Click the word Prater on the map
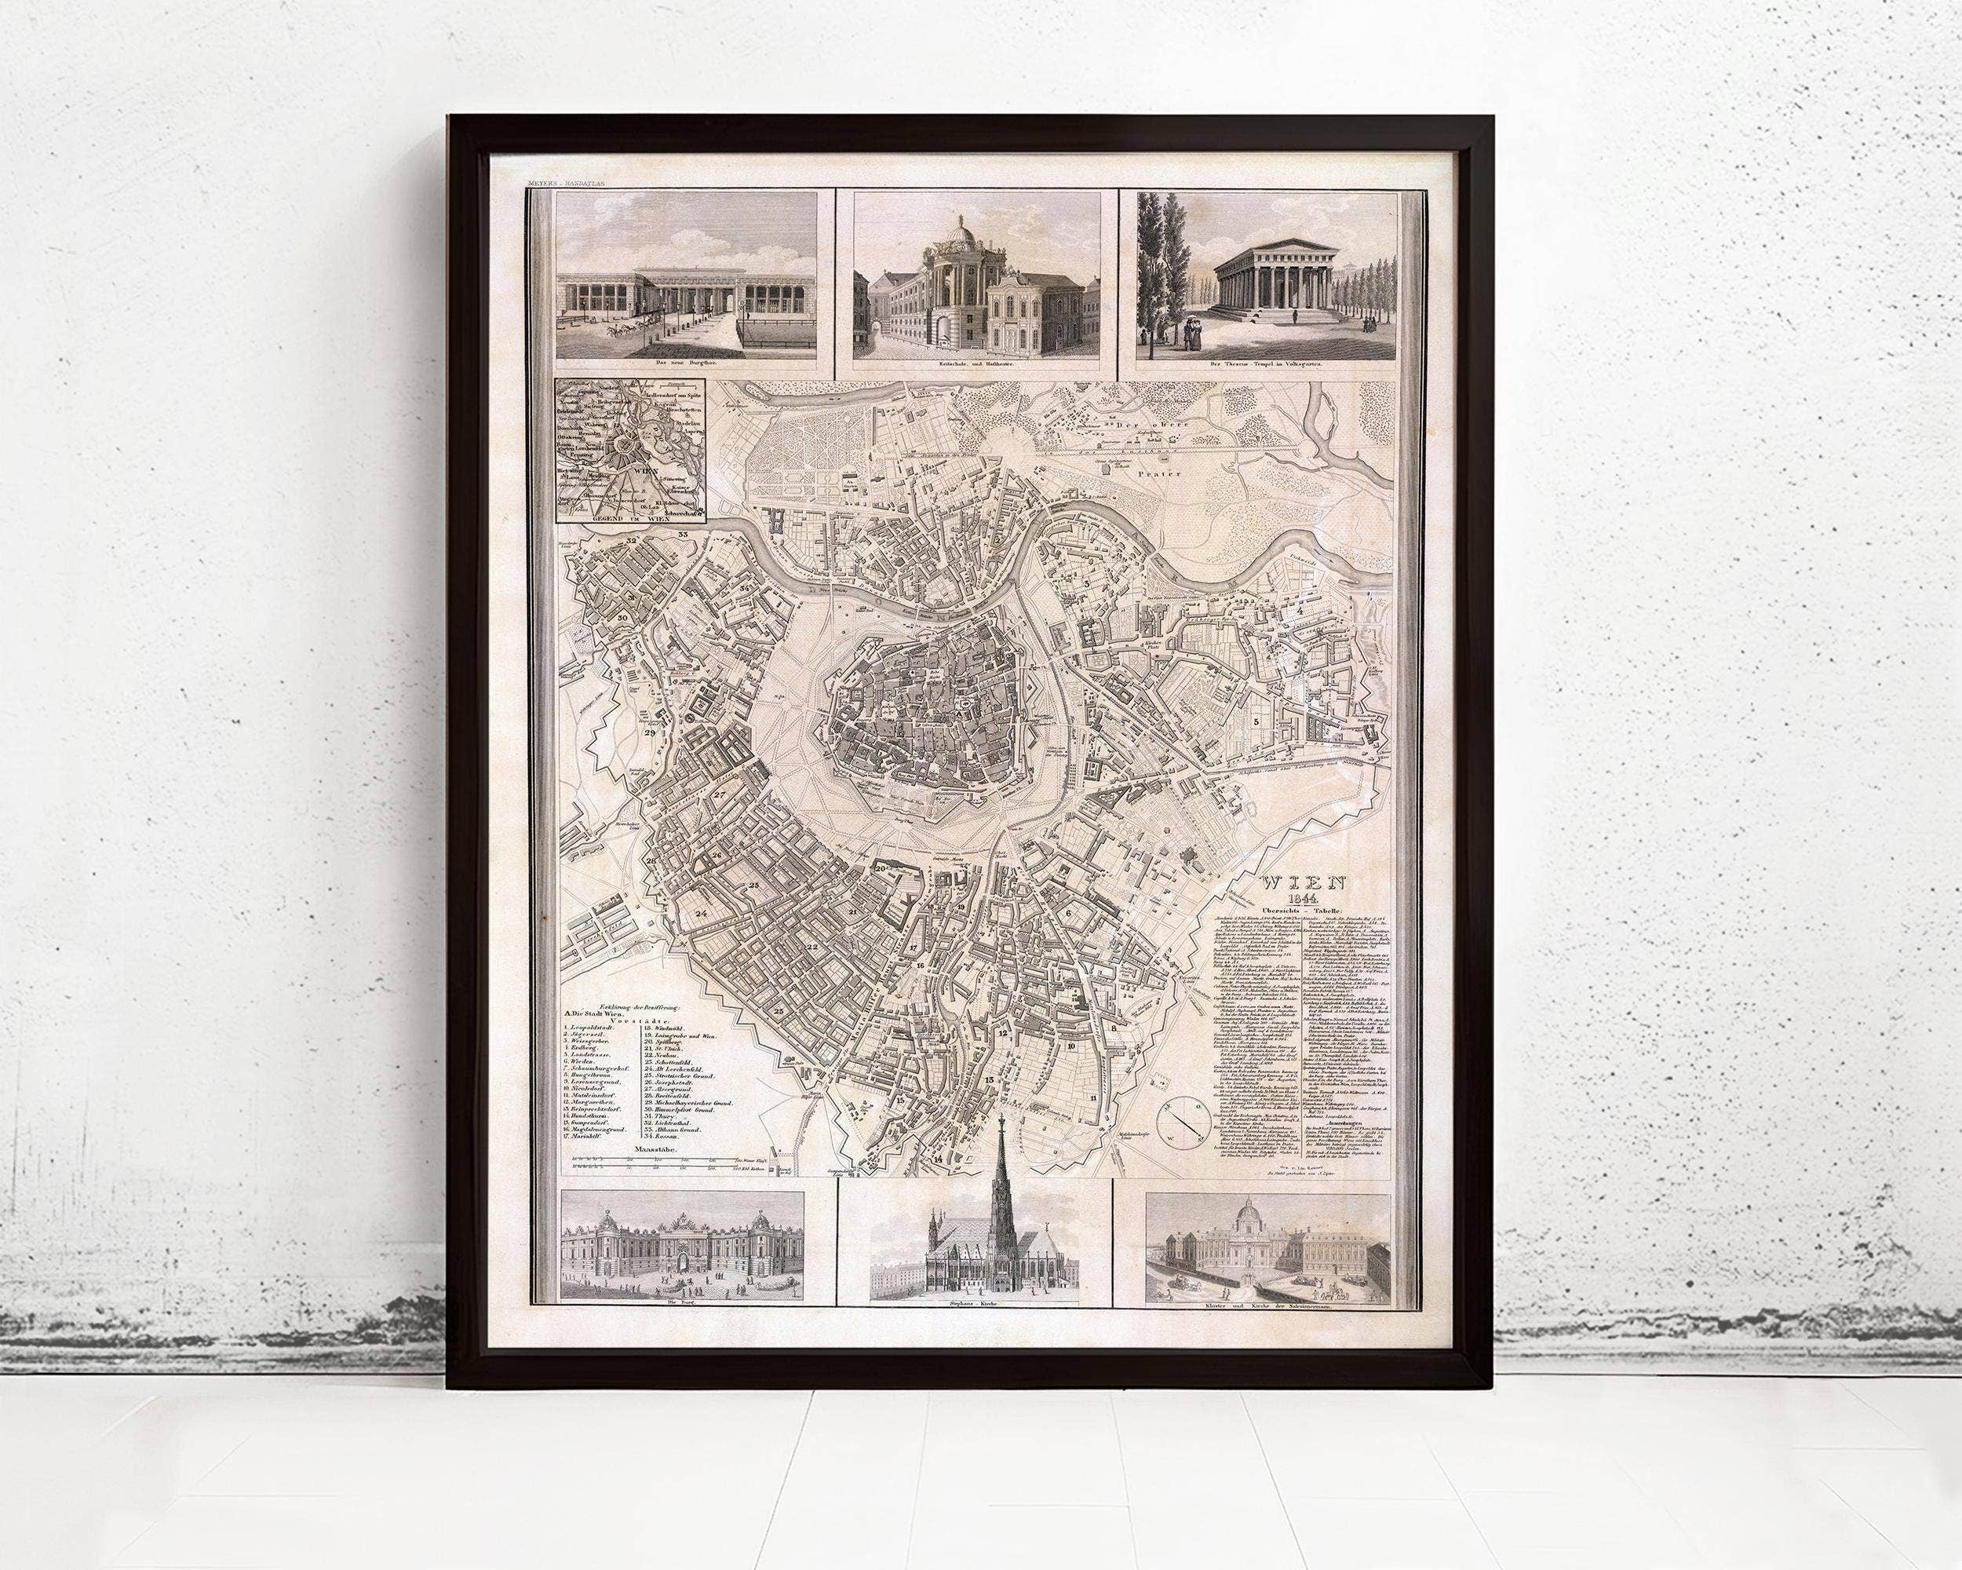1154,474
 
